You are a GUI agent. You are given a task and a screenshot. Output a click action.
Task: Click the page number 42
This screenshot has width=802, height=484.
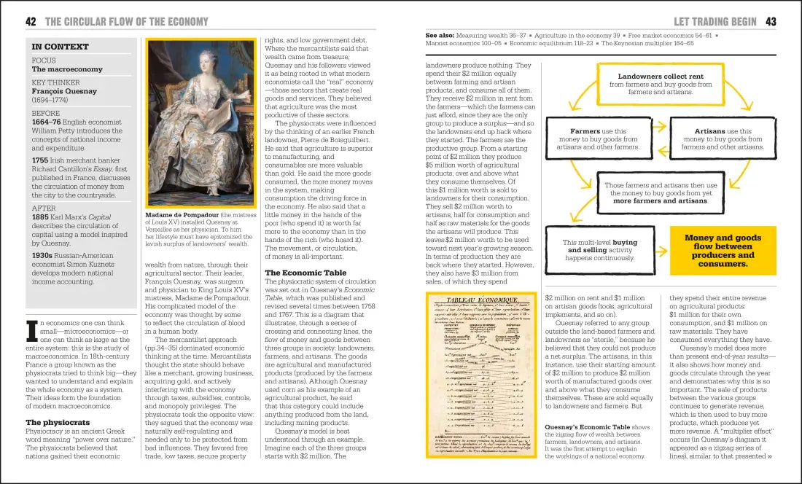(x=31, y=22)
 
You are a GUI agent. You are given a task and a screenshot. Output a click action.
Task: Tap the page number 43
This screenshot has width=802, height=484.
(x=771, y=22)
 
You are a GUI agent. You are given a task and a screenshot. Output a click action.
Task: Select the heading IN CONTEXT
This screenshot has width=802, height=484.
(x=60, y=47)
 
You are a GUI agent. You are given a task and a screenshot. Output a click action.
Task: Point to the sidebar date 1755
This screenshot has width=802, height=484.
(x=41, y=159)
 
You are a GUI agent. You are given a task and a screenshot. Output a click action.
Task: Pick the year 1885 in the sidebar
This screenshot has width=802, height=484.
(x=41, y=216)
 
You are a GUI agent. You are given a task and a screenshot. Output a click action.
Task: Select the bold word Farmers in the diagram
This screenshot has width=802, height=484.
(x=585, y=131)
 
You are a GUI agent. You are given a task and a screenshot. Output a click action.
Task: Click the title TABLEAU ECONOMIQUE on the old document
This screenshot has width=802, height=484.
(x=491, y=301)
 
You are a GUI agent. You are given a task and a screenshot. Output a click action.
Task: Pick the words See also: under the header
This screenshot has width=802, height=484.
(x=440, y=34)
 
